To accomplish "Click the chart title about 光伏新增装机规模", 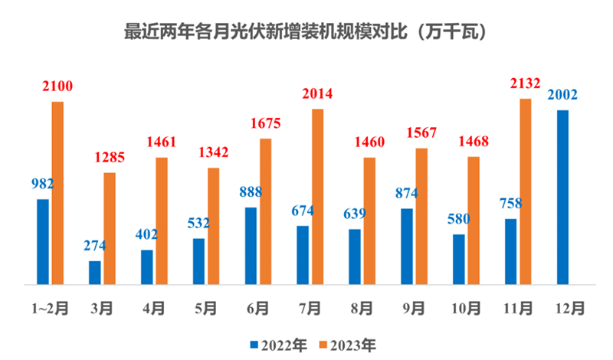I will pyautogui.click(x=306, y=33).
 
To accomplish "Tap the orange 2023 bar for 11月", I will pyautogui.click(x=526, y=191).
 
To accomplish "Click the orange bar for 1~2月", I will pyautogui.click(x=57, y=192).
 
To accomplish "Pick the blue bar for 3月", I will pyautogui.click(x=95, y=272).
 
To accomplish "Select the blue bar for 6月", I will pyautogui.click(x=251, y=245).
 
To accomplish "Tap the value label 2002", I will pyautogui.click(x=562, y=96).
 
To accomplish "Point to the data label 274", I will pyautogui.click(x=94, y=246).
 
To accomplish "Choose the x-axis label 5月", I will pyautogui.click(x=205, y=309).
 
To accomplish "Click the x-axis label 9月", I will pyautogui.click(x=414, y=309).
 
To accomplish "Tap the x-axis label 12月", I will pyautogui.click(x=570, y=309).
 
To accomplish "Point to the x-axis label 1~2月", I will pyautogui.click(x=49, y=309).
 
